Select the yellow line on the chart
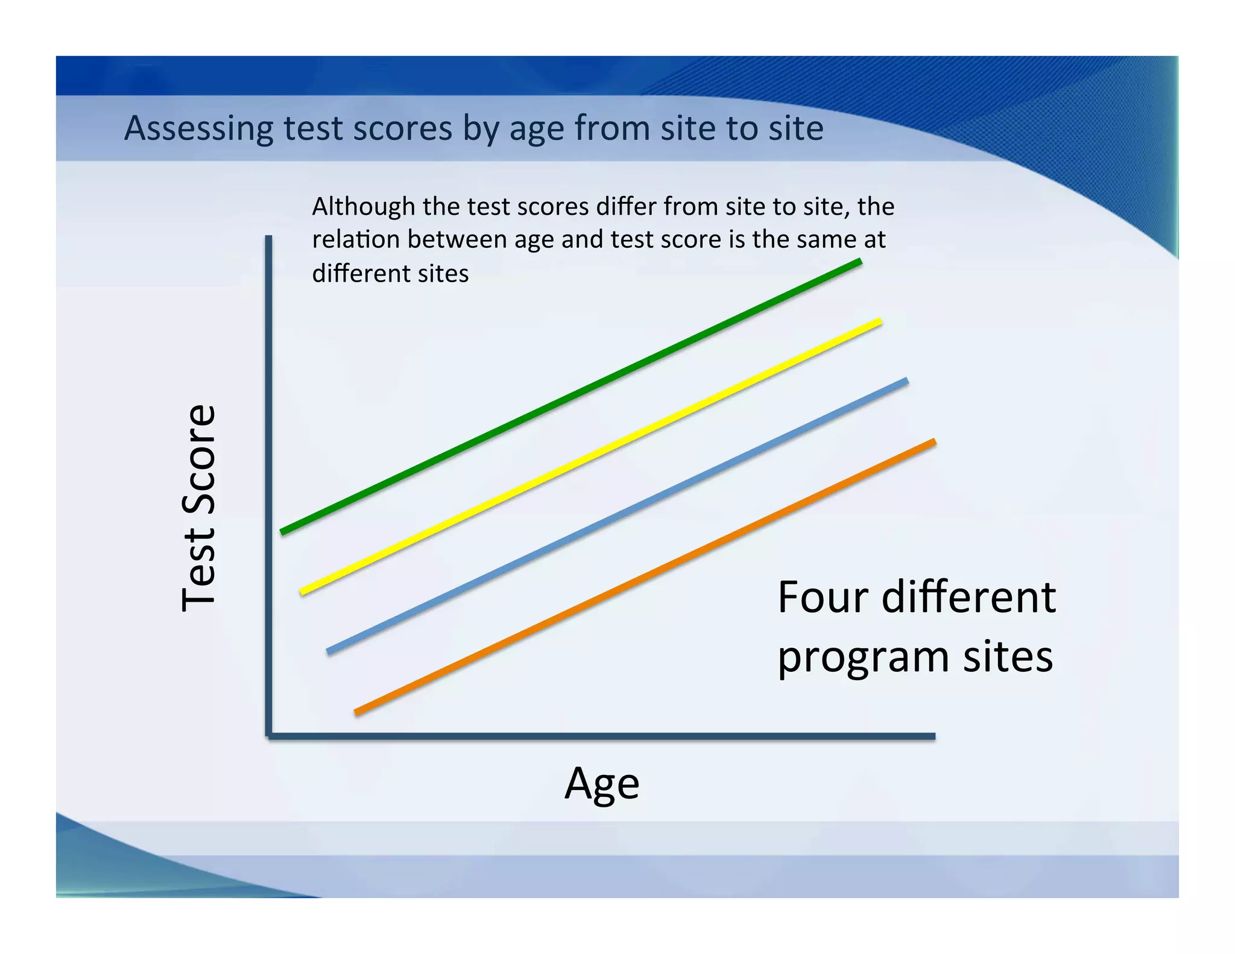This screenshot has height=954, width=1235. click(x=591, y=456)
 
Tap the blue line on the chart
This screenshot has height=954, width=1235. click(x=617, y=516)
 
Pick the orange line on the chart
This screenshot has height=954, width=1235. click(x=645, y=577)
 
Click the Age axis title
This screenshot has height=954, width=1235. click(x=602, y=783)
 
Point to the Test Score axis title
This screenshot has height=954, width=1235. click(x=198, y=508)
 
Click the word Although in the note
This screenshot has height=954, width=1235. click(x=363, y=207)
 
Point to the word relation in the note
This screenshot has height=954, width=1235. click(x=355, y=239)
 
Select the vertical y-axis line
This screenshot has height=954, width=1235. click(x=268, y=482)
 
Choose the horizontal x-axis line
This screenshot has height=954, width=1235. click(x=603, y=736)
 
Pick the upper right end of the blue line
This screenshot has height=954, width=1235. click(x=905, y=381)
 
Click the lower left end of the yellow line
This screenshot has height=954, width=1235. click(x=303, y=592)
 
